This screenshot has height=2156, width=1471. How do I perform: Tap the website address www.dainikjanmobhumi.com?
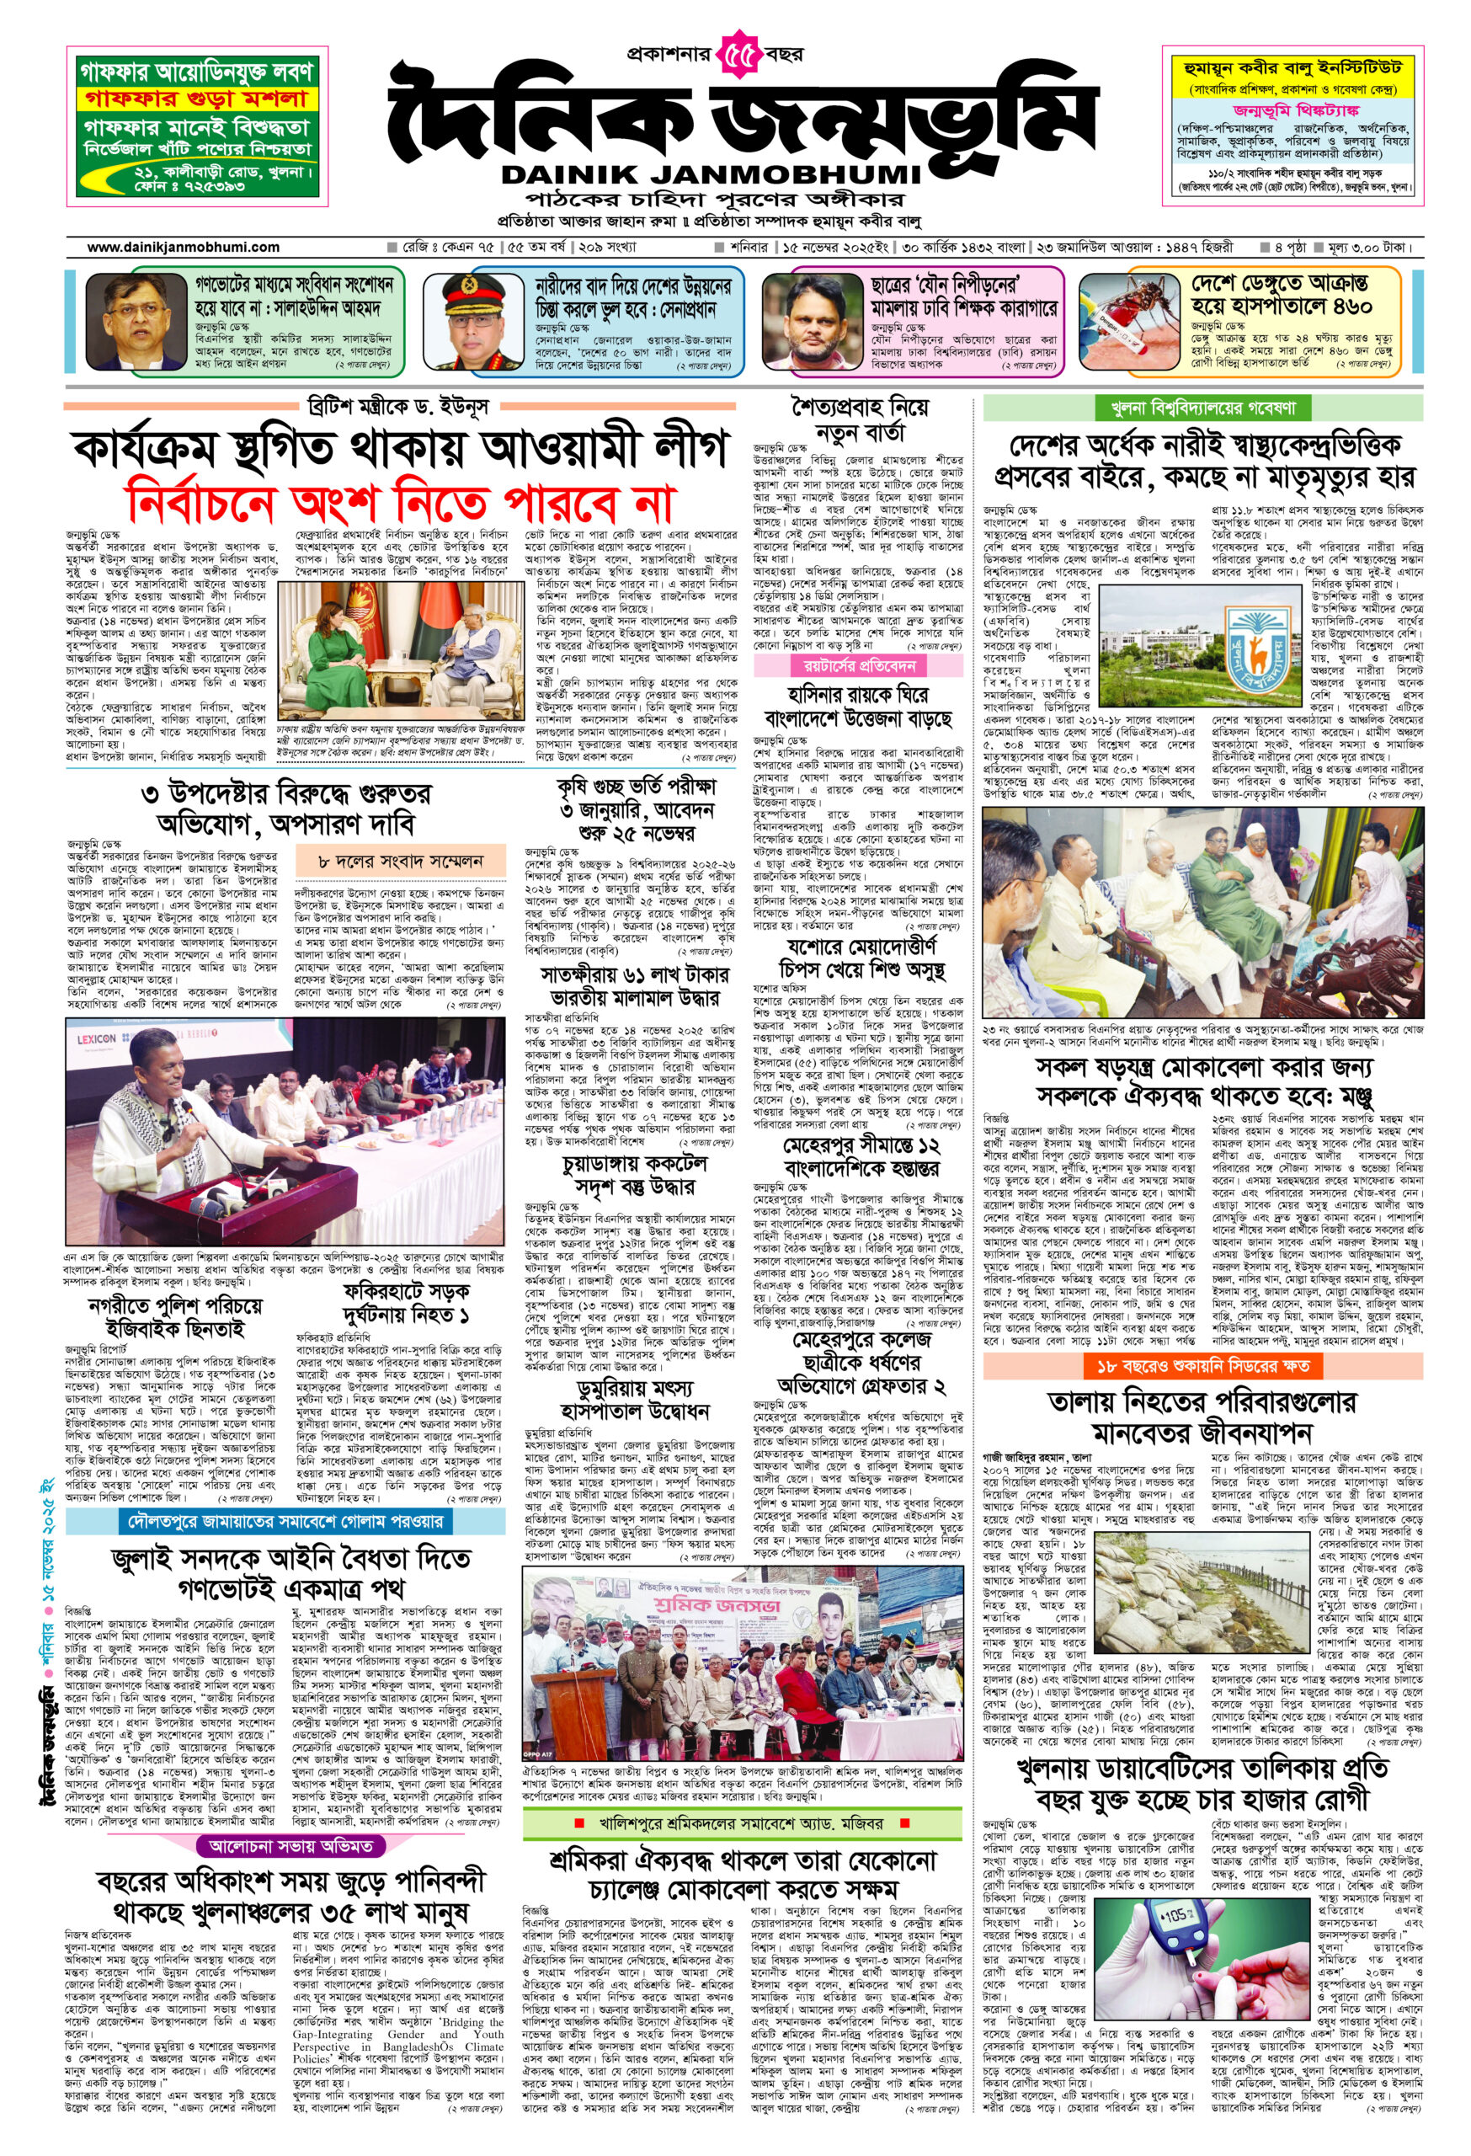tap(184, 248)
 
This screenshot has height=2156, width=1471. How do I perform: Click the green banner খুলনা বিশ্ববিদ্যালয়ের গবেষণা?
tap(1203, 408)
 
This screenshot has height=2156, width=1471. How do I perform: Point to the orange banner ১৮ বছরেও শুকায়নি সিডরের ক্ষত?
tap(1202, 1367)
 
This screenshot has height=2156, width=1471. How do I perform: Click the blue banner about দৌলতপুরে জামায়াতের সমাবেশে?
tap(285, 1522)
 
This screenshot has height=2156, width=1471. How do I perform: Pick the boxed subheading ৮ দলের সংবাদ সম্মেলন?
tap(401, 862)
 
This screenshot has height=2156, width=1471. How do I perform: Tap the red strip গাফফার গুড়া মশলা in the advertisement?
tap(198, 99)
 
